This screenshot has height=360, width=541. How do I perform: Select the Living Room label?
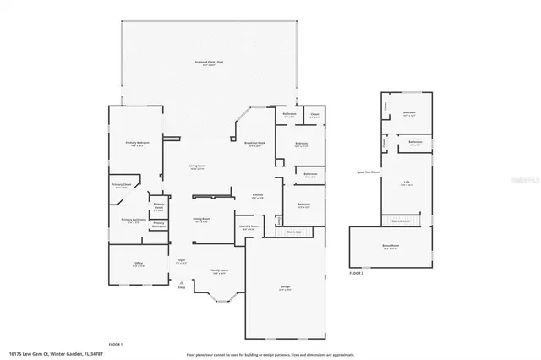(x=197, y=166)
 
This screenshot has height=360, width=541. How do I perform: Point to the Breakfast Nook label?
(x=255, y=145)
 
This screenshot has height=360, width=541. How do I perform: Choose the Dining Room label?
(x=200, y=219)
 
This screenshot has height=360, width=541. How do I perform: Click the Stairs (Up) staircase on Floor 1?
(x=293, y=231)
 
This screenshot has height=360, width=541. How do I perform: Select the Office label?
(x=138, y=265)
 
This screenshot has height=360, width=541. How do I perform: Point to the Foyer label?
(x=181, y=261)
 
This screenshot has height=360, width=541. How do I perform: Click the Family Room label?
(x=219, y=271)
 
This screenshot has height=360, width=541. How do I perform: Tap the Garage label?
(x=285, y=287)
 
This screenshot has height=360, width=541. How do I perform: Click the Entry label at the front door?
(x=181, y=288)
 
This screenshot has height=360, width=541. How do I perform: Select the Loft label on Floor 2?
(x=407, y=183)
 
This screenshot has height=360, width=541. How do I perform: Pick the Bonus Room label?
(x=391, y=248)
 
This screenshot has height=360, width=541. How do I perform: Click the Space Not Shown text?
(x=369, y=172)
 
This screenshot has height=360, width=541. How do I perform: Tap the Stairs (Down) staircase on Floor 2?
(x=400, y=221)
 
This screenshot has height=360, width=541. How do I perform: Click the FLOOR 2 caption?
(x=356, y=274)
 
